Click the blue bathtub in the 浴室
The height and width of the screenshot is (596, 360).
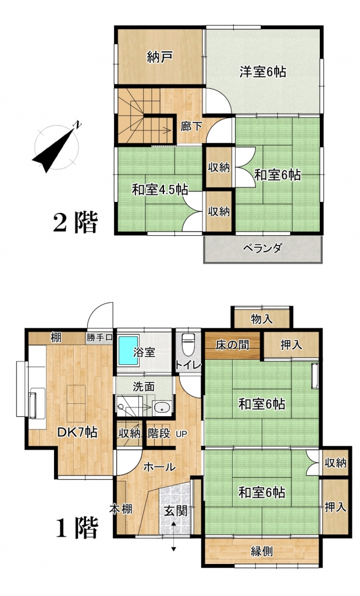point(129,350)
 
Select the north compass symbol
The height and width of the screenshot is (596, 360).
point(58,146)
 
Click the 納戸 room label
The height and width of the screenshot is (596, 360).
point(161,57)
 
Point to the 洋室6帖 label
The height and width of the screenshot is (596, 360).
point(262,72)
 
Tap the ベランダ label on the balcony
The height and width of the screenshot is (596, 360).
point(262,248)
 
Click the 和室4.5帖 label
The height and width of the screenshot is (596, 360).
point(161,189)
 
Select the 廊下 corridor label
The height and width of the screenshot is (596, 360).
point(191,126)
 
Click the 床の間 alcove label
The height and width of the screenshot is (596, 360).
point(233,345)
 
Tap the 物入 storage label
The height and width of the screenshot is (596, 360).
point(262,320)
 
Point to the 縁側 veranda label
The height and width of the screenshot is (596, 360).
point(262,551)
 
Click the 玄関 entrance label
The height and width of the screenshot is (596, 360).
point(176,511)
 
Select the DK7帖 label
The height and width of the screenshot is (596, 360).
point(77,432)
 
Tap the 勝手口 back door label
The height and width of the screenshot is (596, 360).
point(99,337)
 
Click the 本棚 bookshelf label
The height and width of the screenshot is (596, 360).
point(121,509)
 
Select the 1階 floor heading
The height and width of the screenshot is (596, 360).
point(77,527)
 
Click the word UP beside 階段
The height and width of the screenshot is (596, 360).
point(181,434)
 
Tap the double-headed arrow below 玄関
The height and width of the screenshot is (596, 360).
point(173,537)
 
